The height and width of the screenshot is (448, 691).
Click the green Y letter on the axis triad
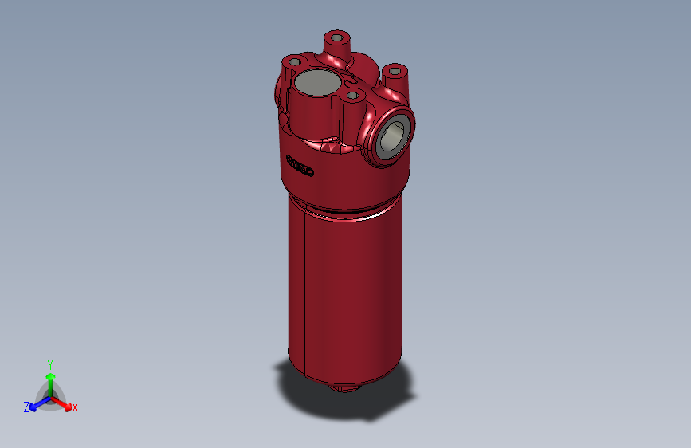tap(49, 363)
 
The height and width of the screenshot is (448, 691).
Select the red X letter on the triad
tap(75, 408)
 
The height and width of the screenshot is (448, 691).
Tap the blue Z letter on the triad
tap(26, 407)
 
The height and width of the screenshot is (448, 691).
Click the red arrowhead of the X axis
tap(66, 404)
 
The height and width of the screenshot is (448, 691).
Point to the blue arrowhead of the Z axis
tap(34, 405)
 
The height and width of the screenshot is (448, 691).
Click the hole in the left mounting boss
tap(295, 62)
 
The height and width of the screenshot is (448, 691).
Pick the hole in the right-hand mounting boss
tap(395, 73)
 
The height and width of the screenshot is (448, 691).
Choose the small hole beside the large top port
tap(353, 96)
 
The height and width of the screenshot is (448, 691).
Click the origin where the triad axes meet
tap(50, 396)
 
